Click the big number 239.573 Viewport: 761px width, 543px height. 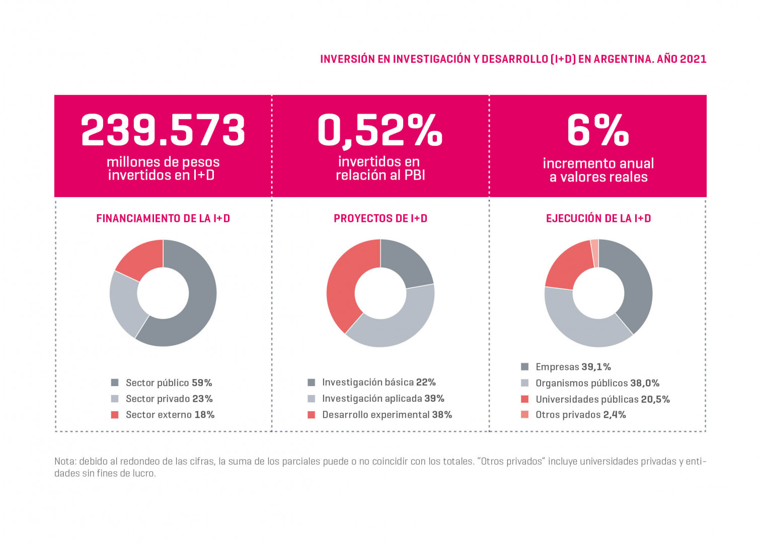pyautogui.click(x=163, y=130)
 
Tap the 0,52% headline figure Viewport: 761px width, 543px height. pyautogui.click(x=380, y=130)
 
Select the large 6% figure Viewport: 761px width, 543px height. pyautogui.click(x=598, y=130)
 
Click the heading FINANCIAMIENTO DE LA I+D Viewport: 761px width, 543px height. pyautogui.click(x=163, y=219)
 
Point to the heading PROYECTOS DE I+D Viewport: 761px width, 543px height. pyautogui.click(x=380, y=219)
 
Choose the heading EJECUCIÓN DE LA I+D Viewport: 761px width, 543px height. pyautogui.click(x=598, y=219)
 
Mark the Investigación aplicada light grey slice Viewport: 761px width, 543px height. pyautogui.click(x=398, y=327)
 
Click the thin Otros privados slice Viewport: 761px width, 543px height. pyautogui.click(x=595, y=253)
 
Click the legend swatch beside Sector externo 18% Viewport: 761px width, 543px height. pyautogui.click(x=115, y=415)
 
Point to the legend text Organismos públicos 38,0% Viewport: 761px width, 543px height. pyautogui.click(x=597, y=383)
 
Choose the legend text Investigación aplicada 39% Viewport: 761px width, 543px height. pyautogui.click(x=383, y=399)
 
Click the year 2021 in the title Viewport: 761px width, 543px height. pyautogui.click(x=693, y=59)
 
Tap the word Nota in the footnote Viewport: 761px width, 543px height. pyautogui.click(x=64, y=462)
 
